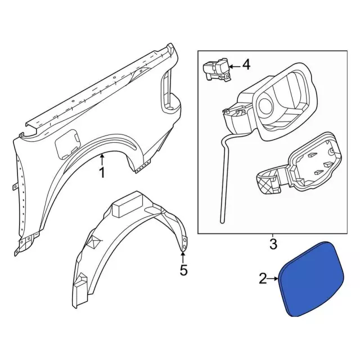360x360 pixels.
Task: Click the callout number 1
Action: [102, 173]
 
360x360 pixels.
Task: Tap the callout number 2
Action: [263, 278]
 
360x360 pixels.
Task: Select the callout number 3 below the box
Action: [273, 244]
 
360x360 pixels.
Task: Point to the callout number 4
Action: [246, 65]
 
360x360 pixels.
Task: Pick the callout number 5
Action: [183, 270]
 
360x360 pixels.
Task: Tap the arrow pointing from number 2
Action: [273, 279]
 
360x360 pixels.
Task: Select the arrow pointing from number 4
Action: [235, 66]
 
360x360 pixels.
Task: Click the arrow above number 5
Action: [183, 257]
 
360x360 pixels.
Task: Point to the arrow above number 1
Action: [102, 160]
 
